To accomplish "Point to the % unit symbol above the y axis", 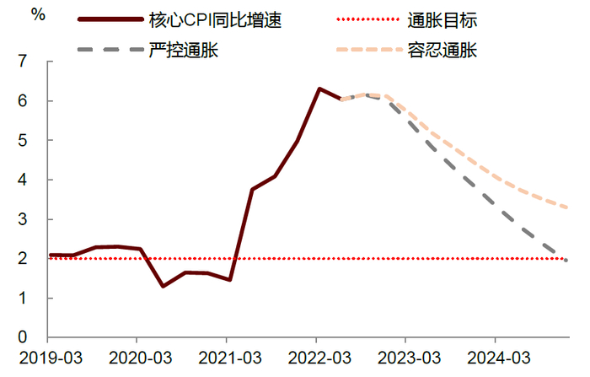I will (x=38, y=13).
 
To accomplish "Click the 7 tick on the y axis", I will (x=34, y=62).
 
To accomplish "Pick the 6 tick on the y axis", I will (x=34, y=101).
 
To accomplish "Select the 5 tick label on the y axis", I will (x=34, y=141).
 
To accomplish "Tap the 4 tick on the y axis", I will (x=34, y=180).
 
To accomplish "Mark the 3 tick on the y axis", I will (x=34, y=219).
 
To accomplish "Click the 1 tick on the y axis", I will (x=34, y=299).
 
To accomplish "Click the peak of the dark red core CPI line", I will (x=319, y=89).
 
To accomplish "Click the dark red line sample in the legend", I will (x=108, y=18).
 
